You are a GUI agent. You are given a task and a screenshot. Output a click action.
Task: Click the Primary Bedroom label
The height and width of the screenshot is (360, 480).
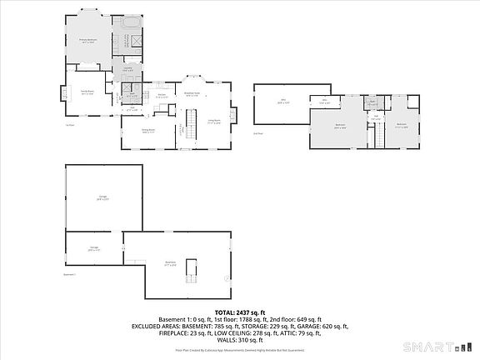pyautogui.click(x=87, y=40)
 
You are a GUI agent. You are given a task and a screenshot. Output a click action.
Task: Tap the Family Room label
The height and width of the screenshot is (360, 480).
pyautogui.click(x=87, y=92)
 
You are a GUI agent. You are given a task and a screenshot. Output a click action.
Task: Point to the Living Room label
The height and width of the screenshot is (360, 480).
pyautogui.click(x=214, y=122)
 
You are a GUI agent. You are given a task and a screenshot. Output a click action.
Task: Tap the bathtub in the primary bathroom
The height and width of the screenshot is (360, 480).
pyautogui.click(x=133, y=23)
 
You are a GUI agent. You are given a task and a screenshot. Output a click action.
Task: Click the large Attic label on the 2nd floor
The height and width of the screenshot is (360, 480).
pyautogui.click(x=282, y=101)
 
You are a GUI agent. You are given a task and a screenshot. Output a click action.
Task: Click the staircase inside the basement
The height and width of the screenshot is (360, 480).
pyautogui.click(x=193, y=269)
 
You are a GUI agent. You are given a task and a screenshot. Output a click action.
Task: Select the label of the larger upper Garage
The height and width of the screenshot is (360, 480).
pyautogui.click(x=102, y=198)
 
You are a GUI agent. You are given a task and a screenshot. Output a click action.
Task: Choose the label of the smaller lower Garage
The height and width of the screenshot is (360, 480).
pyautogui.click(x=94, y=247)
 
